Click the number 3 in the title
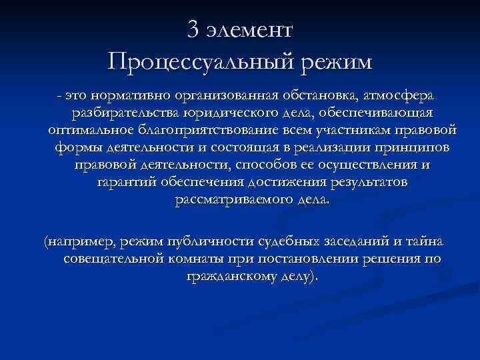coord(194,29)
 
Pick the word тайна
coord(430,241)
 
